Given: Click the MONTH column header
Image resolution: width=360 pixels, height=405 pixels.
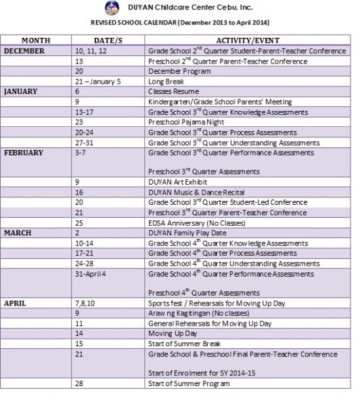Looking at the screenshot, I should click(36, 41).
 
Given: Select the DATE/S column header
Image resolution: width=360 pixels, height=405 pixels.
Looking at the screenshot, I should click(108, 41).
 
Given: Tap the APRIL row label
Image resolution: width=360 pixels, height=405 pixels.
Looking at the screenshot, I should click(16, 304).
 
